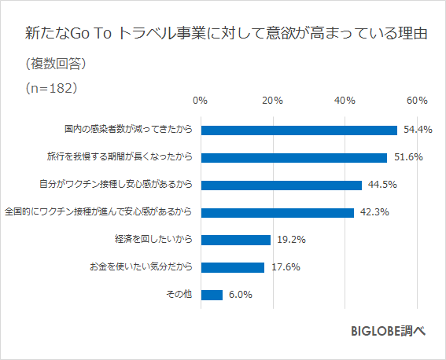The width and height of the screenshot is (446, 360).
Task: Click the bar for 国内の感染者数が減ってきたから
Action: point(299,130)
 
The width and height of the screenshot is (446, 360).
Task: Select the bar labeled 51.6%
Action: point(294,157)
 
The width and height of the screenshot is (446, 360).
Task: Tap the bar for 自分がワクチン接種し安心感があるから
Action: point(281,185)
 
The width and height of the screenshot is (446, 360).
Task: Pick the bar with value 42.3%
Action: point(277,212)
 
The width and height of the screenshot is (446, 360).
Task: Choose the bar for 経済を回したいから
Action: point(235,240)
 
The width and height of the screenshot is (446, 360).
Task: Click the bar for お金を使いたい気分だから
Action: point(232,267)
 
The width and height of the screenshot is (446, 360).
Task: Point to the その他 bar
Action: point(212,295)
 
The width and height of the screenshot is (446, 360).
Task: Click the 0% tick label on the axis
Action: point(200,101)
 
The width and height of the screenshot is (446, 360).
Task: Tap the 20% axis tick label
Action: point(272,101)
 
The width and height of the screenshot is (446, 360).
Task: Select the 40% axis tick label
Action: point(345,101)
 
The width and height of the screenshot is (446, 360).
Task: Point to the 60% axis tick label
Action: point(417,101)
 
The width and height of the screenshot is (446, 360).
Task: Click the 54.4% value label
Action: point(418,130)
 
